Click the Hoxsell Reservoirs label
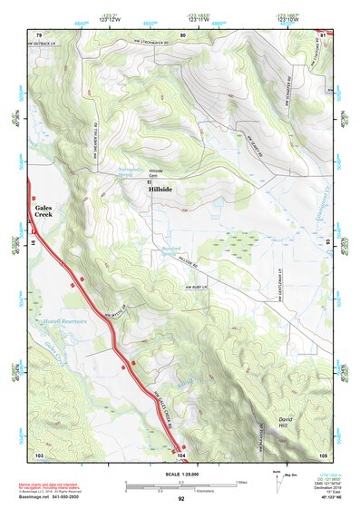(64, 320)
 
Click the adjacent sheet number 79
(39, 34)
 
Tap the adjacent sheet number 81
(324, 34)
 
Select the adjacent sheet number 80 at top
(182, 34)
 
